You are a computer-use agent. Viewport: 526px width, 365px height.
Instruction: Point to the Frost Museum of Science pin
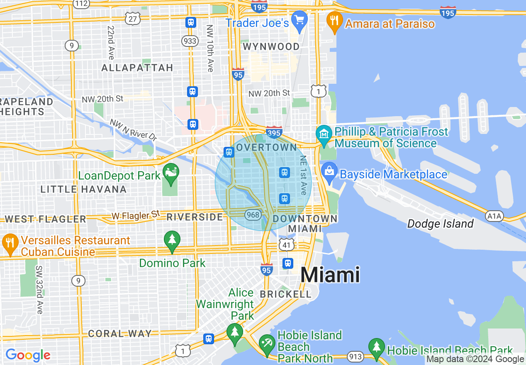pyautogui.click(x=324, y=134)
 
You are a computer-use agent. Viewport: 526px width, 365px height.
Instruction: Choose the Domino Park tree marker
pyautogui.click(x=172, y=240)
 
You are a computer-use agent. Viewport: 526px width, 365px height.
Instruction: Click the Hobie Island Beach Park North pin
pyautogui.click(x=266, y=343)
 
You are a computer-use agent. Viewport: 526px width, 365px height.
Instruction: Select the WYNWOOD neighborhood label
pyautogui.click(x=271, y=46)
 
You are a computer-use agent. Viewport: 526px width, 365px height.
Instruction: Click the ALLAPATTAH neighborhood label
pyautogui.click(x=137, y=68)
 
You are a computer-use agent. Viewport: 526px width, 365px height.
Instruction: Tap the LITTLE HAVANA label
pyautogui.click(x=83, y=190)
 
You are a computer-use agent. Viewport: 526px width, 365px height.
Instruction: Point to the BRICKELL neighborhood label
pyautogui.click(x=285, y=294)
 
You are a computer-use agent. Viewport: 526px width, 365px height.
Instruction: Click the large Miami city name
pyautogui.click(x=330, y=275)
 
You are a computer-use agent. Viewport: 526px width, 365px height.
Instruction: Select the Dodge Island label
pyautogui.click(x=440, y=224)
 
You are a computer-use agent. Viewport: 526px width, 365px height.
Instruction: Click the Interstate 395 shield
pyautogui.click(x=274, y=132)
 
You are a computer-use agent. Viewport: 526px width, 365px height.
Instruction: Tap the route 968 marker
pyautogui.click(x=253, y=215)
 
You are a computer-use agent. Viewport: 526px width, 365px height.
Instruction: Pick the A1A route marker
pyautogui.click(x=494, y=216)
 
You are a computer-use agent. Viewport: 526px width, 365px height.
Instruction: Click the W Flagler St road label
pyautogui.click(x=135, y=215)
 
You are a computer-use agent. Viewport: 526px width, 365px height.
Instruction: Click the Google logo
pyautogui.click(x=28, y=355)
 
